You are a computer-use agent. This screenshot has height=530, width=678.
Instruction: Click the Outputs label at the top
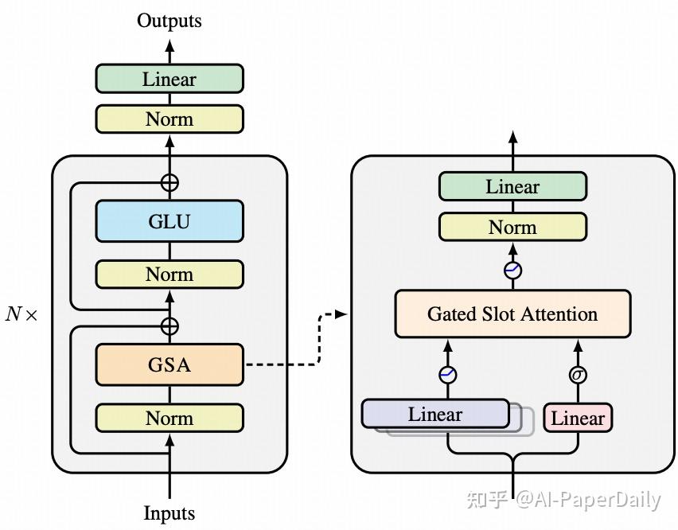[x=169, y=21]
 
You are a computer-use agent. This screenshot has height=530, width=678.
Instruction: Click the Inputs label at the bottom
[x=169, y=512]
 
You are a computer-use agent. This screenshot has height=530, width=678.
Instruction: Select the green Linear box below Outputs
[x=169, y=80]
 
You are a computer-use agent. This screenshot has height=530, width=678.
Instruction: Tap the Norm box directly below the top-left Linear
[x=169, y=119]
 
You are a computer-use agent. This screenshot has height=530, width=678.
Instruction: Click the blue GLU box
[x=169, y=220]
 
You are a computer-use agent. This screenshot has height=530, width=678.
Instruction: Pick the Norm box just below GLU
[x=169, y=275]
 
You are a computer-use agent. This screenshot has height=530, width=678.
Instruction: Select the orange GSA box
[x=169, y=365]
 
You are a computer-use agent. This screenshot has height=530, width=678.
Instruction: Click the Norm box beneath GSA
[x=169, y=418]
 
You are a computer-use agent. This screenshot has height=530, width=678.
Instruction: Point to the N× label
[x=21, y=314]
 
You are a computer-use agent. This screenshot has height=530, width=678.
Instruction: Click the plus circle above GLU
[x=169, y=182]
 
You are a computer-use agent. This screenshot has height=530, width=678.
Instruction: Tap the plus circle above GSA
[x=169, y=325]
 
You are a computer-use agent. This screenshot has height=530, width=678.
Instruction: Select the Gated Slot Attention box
[x=512, y=314]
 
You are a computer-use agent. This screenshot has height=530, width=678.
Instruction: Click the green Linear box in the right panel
[x=512, y=187]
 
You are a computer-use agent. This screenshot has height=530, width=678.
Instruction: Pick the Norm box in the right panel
[x=512, y=228]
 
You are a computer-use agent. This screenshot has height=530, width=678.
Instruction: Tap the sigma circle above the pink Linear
[x=578, y=374]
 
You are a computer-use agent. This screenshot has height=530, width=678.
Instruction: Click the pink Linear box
[x=578, y=418]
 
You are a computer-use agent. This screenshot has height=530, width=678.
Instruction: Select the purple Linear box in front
[x=434, y=414]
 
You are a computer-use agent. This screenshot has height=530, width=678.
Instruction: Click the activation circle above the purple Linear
[x=447, y=374]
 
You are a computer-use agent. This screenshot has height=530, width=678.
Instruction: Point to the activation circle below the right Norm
[x=512, y=271]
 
